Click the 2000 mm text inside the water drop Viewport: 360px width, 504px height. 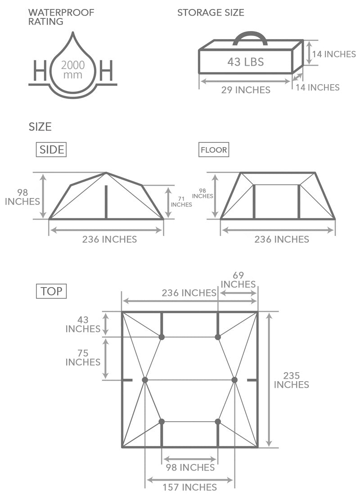click(73, 69)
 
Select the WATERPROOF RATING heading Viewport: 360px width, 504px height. click(61, 17)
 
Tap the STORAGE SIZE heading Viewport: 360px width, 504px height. click(211, 13)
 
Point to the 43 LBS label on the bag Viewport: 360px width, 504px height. click(245, 62)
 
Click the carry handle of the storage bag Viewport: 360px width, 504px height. click(250, 36)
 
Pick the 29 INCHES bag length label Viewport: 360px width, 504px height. click(246, 90)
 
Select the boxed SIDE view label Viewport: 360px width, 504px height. click(51, 150)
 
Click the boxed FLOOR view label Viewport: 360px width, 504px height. click(213, 150)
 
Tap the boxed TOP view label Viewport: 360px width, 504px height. click(51, 291)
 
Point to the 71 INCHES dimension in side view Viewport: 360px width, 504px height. click(181, 201)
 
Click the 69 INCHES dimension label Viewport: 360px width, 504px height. click(238, 280)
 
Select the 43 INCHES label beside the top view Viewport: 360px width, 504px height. click(83, 324)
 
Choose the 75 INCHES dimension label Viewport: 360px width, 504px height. click(83, 357)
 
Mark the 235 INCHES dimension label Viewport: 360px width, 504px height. click(291, 380)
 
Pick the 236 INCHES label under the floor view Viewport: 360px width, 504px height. click(282, 239)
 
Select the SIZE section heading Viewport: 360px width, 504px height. click(40, 127)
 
